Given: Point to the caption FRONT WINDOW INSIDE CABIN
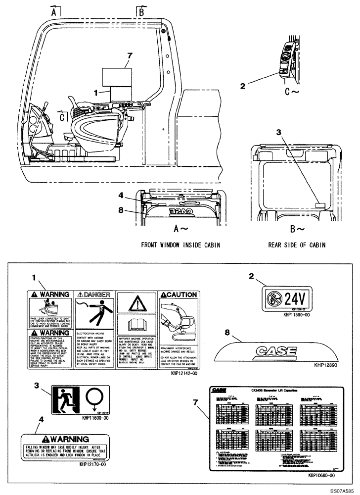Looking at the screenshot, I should tap(180, 245).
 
